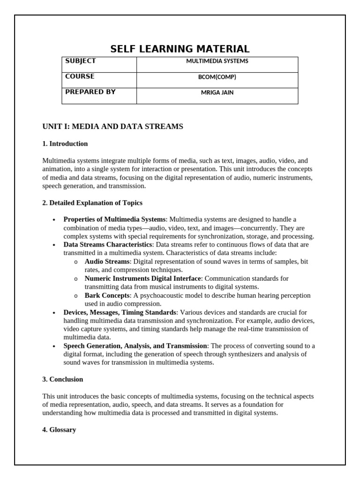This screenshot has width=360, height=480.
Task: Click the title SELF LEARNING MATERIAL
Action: [x=180, y=49]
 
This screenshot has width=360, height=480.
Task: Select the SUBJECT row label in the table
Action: [x=81, y=61]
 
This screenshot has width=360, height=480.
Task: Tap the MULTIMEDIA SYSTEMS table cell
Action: [x=217, y=61]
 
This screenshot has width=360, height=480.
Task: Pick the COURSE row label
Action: [x=80, y=76]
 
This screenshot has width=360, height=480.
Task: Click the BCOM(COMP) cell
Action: [x=217, y=77]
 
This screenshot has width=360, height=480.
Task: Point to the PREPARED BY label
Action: [x=90, y=92]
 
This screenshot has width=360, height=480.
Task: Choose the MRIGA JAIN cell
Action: [x=217, y=92]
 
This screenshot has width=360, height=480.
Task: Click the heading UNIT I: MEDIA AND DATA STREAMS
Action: [x=112, y=127]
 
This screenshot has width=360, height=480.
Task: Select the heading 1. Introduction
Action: [x=65, y=143]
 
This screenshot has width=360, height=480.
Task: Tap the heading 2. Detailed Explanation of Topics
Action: [x=92, y=203]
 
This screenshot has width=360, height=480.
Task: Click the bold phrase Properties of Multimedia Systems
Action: [x=114, y=219]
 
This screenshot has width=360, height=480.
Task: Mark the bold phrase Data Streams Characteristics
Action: [x=108, y=245]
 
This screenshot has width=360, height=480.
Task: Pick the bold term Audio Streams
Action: [x=107, y=262]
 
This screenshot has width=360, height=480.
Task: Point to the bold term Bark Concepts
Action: [x=107, y=296]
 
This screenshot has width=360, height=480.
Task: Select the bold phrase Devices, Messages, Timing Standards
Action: [x=120, y=312]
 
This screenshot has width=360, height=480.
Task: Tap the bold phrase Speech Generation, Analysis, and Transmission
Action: [x=135, y=346]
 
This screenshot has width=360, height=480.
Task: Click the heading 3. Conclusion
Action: [x=62, y=379]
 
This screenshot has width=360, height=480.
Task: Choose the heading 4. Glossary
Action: [x=59, y=430]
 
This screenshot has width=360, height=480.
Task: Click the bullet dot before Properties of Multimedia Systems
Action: [x=54, y=220]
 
